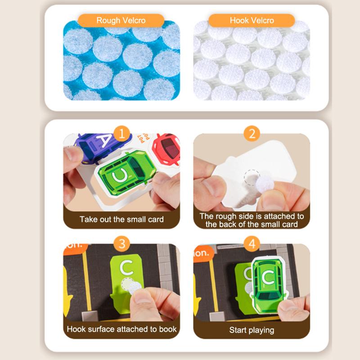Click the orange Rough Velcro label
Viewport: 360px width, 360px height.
[121, 20]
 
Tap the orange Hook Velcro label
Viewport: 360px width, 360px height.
[252, 20]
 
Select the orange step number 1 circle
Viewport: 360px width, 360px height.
[121, 134]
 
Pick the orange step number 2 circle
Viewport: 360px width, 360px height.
[252, 134]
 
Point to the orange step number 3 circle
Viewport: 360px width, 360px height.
[121, 243]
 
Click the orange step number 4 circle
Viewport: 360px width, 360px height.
[252, 243]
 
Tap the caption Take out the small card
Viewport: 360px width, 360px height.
[121, 219]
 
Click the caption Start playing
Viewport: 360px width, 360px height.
[252, 330]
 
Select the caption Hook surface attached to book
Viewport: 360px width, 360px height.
[121, 329]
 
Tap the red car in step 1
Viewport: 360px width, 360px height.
[166, 149]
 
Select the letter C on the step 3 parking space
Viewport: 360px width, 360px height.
[127, 268]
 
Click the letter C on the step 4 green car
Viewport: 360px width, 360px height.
[268, 277]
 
